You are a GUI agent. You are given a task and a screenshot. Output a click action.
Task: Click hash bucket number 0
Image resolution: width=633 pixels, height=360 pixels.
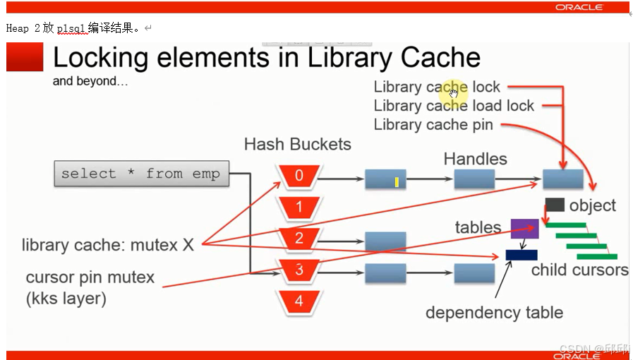pyautogui.click(x=299, y=176)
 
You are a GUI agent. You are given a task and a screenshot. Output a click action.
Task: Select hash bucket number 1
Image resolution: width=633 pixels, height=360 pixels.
pyautogui.click(x=299, y=208)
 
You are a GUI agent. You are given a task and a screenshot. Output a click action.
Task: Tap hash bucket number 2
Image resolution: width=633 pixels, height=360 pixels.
pyautogui.click(x=299, y=239)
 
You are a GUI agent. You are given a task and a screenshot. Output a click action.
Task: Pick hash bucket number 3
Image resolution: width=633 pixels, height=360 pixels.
pyautogui.click(x=299, y=270)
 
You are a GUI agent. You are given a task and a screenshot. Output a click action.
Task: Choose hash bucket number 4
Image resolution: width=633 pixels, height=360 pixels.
pyautogui.click(x=299, y=301)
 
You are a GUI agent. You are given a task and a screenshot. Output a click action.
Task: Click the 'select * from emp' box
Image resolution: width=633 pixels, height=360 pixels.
pyautogui.click(x=141, y=174)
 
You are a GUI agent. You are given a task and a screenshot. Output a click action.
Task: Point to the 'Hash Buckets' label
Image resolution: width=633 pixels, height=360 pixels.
pyautogui.click(x=297, y=145)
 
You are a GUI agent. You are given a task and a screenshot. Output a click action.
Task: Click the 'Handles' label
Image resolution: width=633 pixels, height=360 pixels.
pyautogui.click(x=475, y=159)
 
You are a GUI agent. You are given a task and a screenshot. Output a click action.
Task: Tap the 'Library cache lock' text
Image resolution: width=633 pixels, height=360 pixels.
pyautogui.click(x=437, y=88)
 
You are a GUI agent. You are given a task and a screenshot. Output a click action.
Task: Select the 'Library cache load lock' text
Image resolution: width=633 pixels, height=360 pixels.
pyautogui.click(x=454, y=106)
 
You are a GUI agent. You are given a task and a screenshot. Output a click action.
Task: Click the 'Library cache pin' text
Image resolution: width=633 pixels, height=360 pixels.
pyautogui.click(x=433, y=125)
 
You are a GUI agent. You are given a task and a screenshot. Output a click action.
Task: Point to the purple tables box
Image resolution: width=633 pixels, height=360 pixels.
pyautogui.click(x=524, y=229)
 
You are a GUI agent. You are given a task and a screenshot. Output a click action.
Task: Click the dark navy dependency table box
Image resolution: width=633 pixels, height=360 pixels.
pyautogui.click(x=522, y=255)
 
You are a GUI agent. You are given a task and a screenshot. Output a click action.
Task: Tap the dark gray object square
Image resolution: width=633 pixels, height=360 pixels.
pyautogui.click(x=555, y=205)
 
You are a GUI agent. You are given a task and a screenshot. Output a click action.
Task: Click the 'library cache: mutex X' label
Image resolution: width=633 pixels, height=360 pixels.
pyautogui.click(x=107, y=245)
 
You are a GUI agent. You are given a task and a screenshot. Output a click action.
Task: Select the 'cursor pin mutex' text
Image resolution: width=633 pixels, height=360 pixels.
pyautogui.click(x=90, y=277)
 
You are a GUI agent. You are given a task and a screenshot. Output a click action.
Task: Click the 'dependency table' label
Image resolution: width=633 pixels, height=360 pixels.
pyautogui.click(x=494, y=313)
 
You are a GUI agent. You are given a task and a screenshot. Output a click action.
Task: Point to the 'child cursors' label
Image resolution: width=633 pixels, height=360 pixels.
pyautogui.click(x=579, y=270)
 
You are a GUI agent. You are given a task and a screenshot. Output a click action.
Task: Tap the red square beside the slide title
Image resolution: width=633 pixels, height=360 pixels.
pyautogui.click(x=25, y=57)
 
